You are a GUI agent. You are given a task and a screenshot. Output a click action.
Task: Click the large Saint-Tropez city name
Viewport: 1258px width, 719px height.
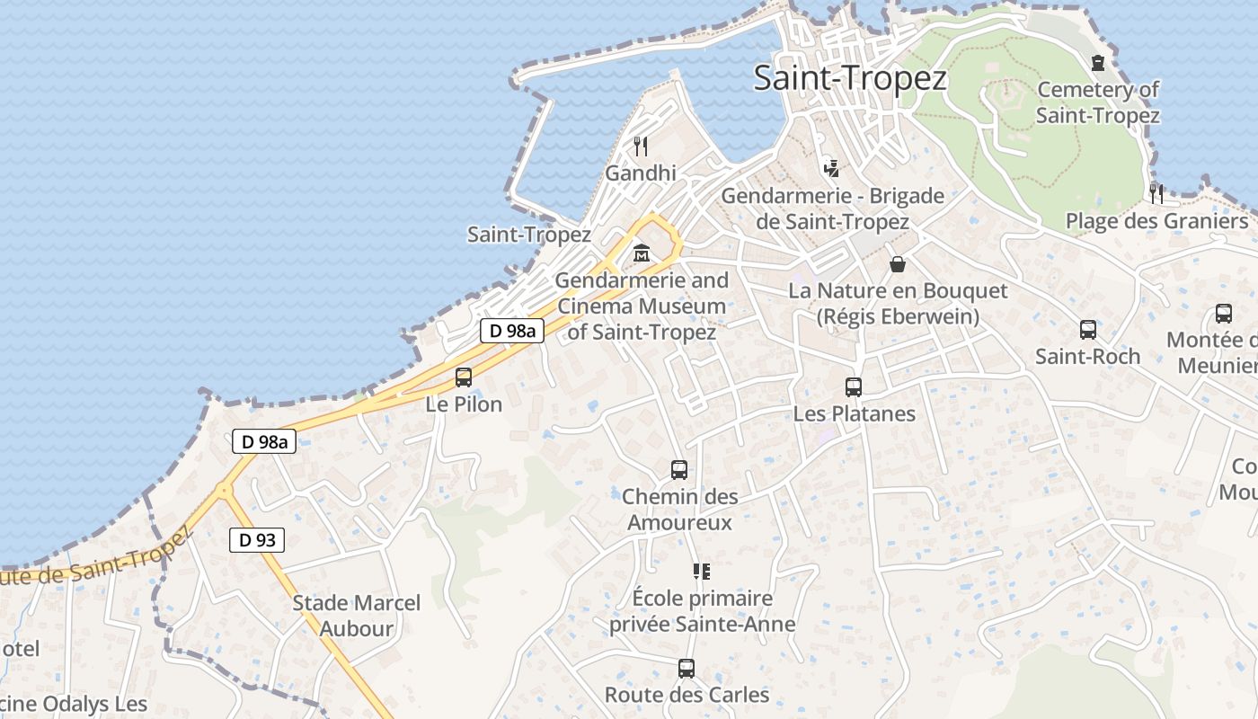[850, 78]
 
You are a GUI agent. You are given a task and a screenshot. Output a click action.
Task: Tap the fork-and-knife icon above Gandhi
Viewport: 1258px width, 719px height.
[641, 146]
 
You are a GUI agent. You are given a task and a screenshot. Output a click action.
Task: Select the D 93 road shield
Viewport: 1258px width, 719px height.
[257, 540]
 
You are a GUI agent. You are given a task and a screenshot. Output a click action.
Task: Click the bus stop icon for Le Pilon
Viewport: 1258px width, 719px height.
[464, 377]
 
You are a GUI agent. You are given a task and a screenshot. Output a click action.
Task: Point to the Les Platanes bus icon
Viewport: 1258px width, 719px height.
[854, 387]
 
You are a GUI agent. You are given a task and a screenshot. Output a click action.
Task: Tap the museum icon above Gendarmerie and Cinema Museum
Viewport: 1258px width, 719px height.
[641, 253]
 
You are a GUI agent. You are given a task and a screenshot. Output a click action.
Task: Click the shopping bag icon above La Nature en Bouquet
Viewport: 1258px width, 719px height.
[897, 264]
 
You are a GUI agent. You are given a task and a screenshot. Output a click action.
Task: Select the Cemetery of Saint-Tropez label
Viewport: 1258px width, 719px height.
[1097, 102]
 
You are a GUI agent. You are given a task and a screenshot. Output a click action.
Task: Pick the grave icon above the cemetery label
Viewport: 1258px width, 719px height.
[1097, 63]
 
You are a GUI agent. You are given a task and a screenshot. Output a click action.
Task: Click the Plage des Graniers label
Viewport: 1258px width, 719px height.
[1156, 221]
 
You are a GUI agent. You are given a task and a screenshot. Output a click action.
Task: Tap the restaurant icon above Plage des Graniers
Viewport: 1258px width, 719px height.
[1156, 193]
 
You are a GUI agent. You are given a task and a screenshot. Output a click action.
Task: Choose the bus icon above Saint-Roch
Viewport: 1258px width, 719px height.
[1087, 330]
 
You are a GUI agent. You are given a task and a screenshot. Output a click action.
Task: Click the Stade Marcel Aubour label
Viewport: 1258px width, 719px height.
[356, 616]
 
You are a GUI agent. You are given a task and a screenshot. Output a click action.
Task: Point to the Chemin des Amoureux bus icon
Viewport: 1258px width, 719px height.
[679, 469]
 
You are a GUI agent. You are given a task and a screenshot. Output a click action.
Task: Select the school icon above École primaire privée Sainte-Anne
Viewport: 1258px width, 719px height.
[702, 571]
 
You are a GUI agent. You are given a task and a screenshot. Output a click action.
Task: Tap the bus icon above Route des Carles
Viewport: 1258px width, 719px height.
[687, 669]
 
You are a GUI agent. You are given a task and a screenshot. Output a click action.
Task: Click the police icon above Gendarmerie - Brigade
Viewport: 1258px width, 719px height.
[831, 167]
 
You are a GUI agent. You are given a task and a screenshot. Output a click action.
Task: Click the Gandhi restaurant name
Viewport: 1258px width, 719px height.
[641, 173]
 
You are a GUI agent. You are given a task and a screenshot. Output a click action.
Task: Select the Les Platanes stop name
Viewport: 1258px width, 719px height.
[854, 414]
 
